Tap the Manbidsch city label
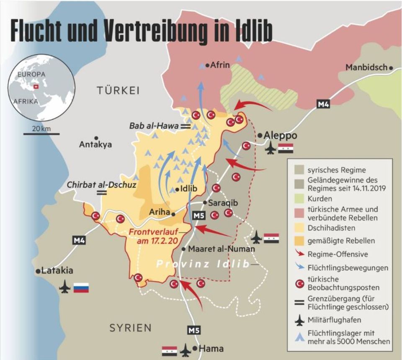pyautogui.click(x=366, y=67)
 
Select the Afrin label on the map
pyautogui.click(x=220, y=65)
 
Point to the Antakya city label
pyautogui.click(x=95, y=144)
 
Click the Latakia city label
pyautogui.click(x=57, y=271)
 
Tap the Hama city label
pyautogui.click(x=211, y=348)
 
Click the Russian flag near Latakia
pyautogui.click(x=81, y=288)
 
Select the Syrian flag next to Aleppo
pyautogui.click(x=286, y=149)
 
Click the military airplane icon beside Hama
pyautogui.click(x=185, y=350)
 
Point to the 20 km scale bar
pyautogui.click(x=41, y=134)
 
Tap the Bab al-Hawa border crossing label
pyautogui.click(x=154, y=125)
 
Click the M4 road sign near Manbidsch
pyautogui.click(x=323, y=104)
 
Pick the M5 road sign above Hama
pyautogui.click(x=193, y=330)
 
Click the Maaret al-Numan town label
pyautogui.click(x=221, y=249)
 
